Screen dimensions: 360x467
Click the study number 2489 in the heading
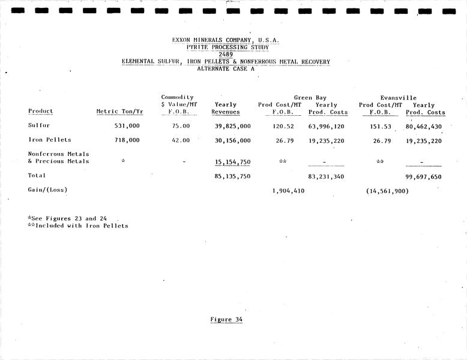click(226, 55)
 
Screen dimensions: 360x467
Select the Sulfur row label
click(39, 126)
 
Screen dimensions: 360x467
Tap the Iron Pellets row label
click(49, 140)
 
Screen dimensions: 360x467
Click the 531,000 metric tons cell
click(127, 126)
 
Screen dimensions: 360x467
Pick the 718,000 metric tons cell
click(127, 140)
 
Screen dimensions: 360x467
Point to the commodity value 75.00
click(180, 126)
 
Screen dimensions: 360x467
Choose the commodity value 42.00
click(180, 140)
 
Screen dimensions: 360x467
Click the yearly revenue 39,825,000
click(232, 126)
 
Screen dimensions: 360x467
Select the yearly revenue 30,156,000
click(232, 140)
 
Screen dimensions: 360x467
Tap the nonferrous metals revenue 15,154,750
click(232, 162)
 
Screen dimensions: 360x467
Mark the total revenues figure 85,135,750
click(232, 176)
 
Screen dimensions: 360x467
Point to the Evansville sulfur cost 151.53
click(381, 126)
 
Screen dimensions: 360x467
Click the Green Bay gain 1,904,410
click(288, 191)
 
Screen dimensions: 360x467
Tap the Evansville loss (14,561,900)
click(387, 191)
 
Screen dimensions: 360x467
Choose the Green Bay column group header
click(310, 97)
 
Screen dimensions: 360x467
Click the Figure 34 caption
click(226, 319)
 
